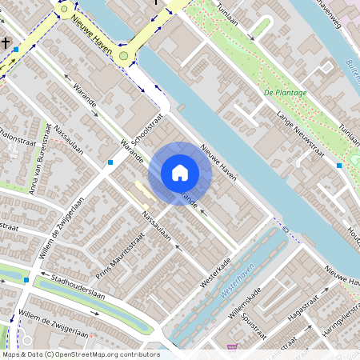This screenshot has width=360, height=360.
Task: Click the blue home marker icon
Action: pyautogui.click(x=180, y=173)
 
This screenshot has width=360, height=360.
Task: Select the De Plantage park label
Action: pyautogui.click(x=285, y=93)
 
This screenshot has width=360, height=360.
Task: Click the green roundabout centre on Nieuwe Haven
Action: pyautogui.click(x=123, y=55)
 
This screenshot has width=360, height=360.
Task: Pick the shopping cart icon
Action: pyautogui.click(x=233, y=347)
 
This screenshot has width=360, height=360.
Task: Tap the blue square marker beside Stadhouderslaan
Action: pyautogui.click(x=27, y=280)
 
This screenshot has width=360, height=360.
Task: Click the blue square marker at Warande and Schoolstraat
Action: pyautogui.click(x=110, y=162)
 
